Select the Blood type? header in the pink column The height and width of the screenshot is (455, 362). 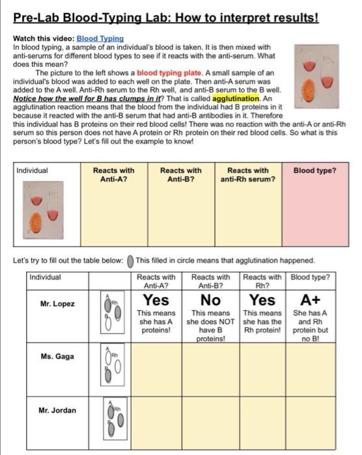click(314, 170)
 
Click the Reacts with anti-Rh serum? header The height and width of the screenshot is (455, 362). click(247, 174)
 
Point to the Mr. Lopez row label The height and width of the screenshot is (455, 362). click(57, 304)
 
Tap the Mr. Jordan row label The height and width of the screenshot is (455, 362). click(57, 410)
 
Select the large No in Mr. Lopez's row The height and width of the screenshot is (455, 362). click(210, 300)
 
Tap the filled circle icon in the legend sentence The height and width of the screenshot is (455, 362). click(130, 261)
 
